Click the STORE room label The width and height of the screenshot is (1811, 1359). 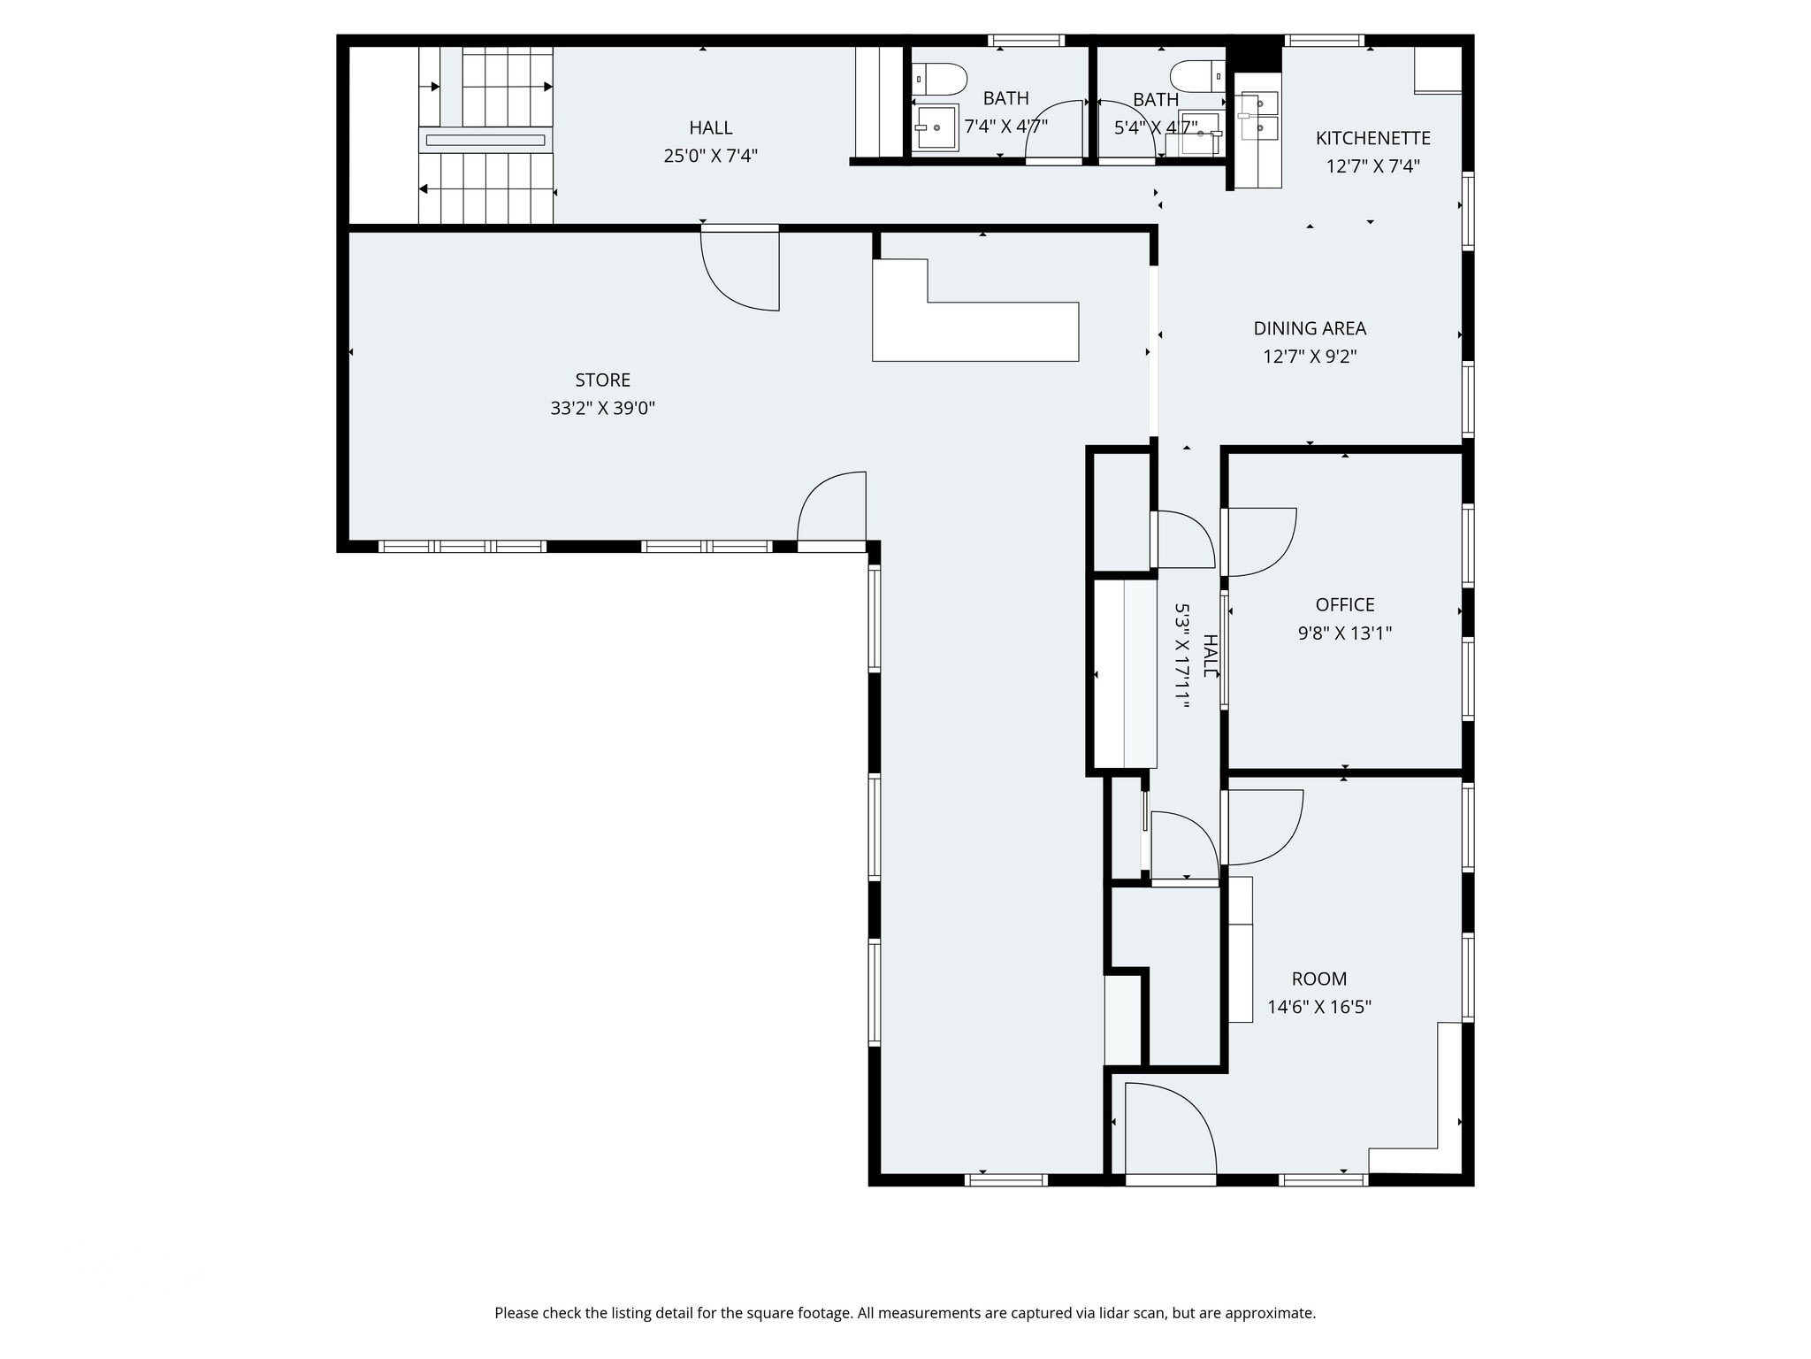602,380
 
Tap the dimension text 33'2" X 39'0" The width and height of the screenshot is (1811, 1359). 602,408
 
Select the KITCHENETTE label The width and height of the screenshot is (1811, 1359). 1372,138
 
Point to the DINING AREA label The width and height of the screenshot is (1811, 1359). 1310,328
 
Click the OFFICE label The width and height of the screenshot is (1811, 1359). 1345,604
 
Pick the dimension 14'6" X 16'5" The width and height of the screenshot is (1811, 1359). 1319,1007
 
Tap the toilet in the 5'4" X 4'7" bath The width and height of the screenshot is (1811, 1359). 1196,76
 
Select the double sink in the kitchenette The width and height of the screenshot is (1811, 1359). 1258,115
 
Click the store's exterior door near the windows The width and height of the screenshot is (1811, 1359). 831,509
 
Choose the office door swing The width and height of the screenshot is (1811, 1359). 1260,541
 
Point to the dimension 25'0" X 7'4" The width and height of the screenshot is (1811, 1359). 710,156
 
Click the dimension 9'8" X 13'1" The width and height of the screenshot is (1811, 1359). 1345,633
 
